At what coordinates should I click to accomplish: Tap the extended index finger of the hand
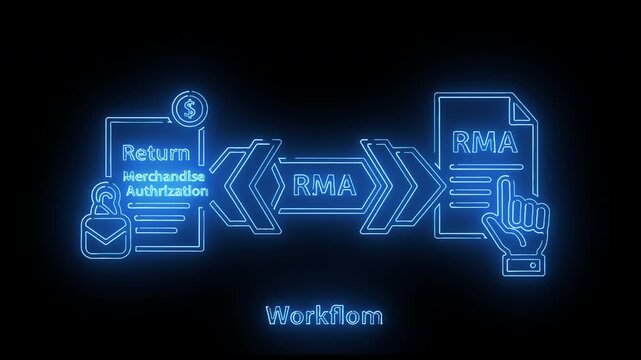[x=508, y=190]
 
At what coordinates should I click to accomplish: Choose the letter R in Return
[x=128, y=154]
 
